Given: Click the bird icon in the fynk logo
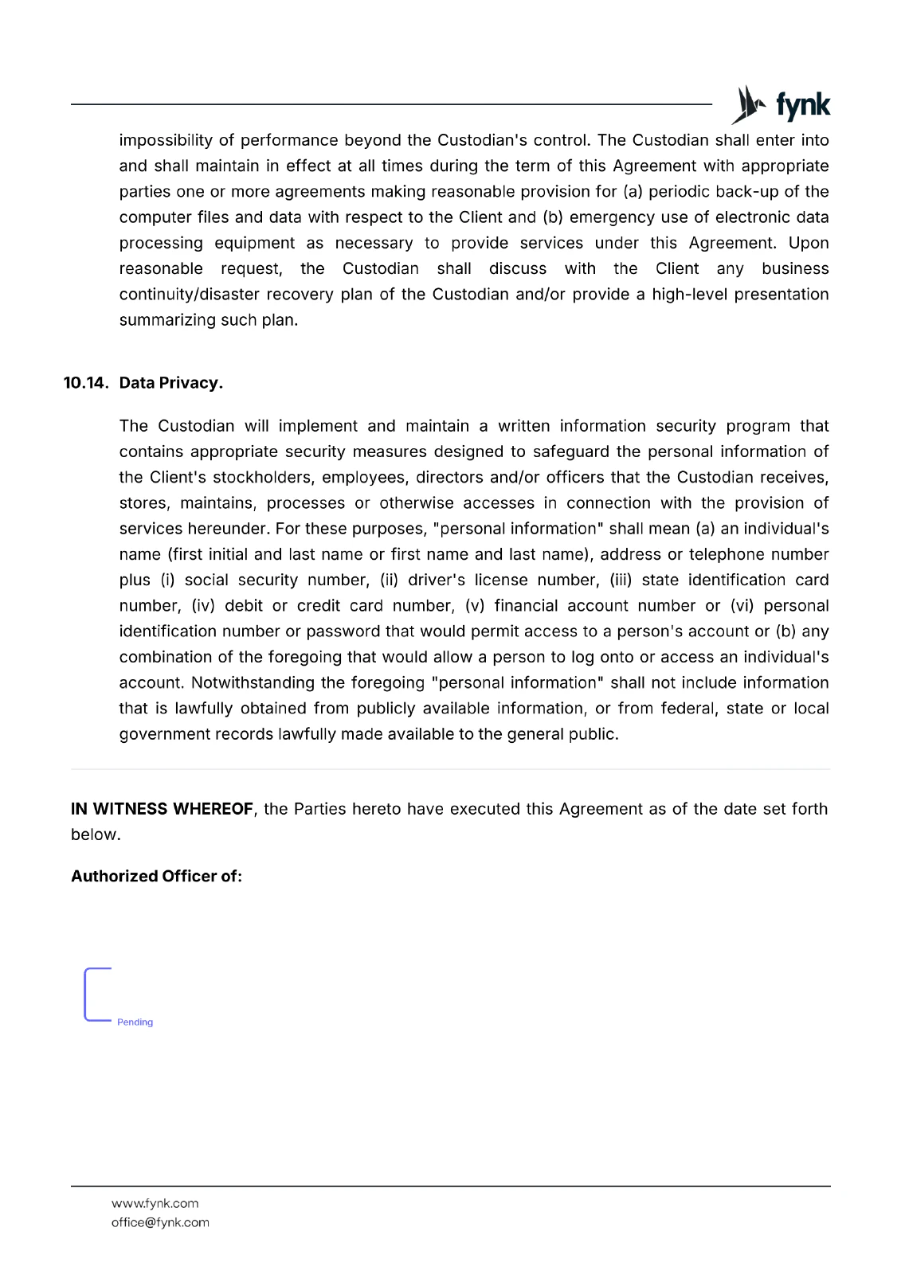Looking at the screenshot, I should pyautogui.click(x=748, y=105).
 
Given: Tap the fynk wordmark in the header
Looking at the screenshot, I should pyautogui.click(x=803, y=105).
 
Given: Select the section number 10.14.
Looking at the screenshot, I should pyautogui.click(x=85, y=383).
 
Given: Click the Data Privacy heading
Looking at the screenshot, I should pyautogui.click(x=170, y=383).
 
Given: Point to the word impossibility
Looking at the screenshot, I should pyautogui.click(x=166, y=141).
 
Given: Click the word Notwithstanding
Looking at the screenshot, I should pyautogui.click(x=253, y=683).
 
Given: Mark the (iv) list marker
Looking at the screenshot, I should pyautogui.click(x=203, y=606).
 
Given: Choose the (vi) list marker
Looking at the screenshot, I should pyautogui.click(x=742, y=606).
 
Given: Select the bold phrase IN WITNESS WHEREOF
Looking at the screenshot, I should pyautogui.click(x=162, y=809).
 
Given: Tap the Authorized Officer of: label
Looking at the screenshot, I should pyautogui.click(x=156, y=877).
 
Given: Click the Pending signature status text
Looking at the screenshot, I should pyautogui.click(x=135, y=1022).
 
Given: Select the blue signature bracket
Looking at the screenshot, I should pyautogui.click(x=88, y=995).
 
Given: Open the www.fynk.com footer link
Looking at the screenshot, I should pyautogui.click(x=155, y=1204).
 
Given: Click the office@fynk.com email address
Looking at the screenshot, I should pyautogui.click(x=160, y=1223).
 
